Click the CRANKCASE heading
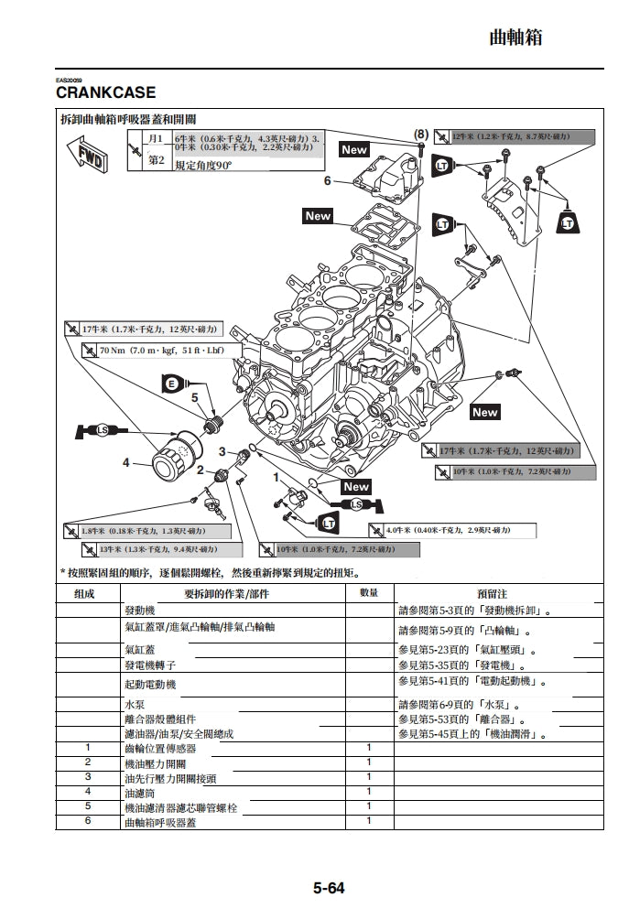point(106,92)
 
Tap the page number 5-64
point(329,887)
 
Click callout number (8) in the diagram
point(420,134)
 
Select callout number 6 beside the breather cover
point(327,180)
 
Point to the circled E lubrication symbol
point(169,384)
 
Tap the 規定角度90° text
point(203,166)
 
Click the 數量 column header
point(369,593)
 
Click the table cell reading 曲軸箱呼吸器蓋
point(159,821)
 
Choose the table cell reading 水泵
point(134,704)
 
